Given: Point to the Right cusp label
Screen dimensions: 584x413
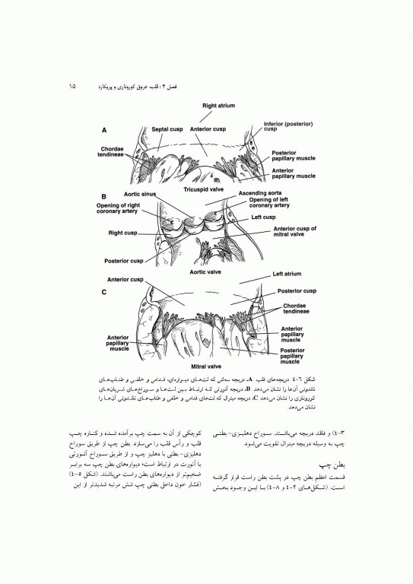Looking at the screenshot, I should pyautogui.click(x=122, y=233).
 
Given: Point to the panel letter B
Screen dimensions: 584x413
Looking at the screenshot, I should pyautogui.click(x=103, y=195).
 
